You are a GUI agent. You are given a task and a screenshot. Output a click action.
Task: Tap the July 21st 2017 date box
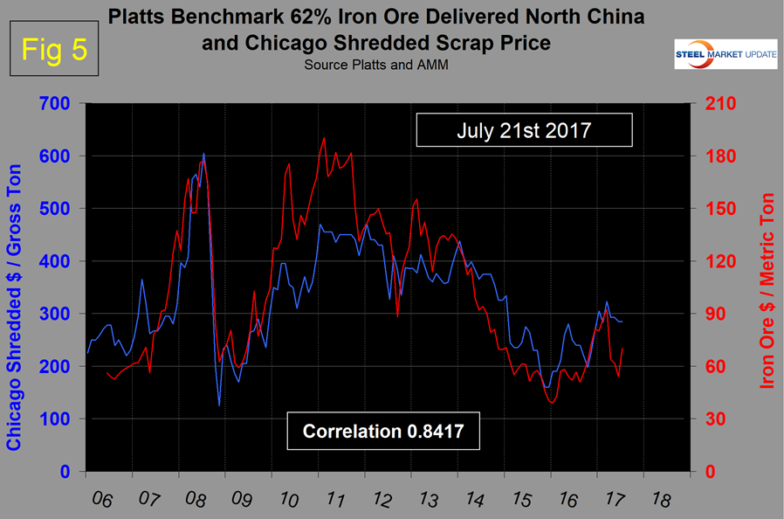524,132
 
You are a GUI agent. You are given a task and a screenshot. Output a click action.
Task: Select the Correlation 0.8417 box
385,432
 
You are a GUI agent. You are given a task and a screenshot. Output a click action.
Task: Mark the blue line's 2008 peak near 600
203,154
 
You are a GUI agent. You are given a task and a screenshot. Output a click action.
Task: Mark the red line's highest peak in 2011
324,137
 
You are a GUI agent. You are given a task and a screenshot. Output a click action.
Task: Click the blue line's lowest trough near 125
219,405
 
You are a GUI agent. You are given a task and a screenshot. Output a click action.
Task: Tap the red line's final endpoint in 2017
622,349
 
